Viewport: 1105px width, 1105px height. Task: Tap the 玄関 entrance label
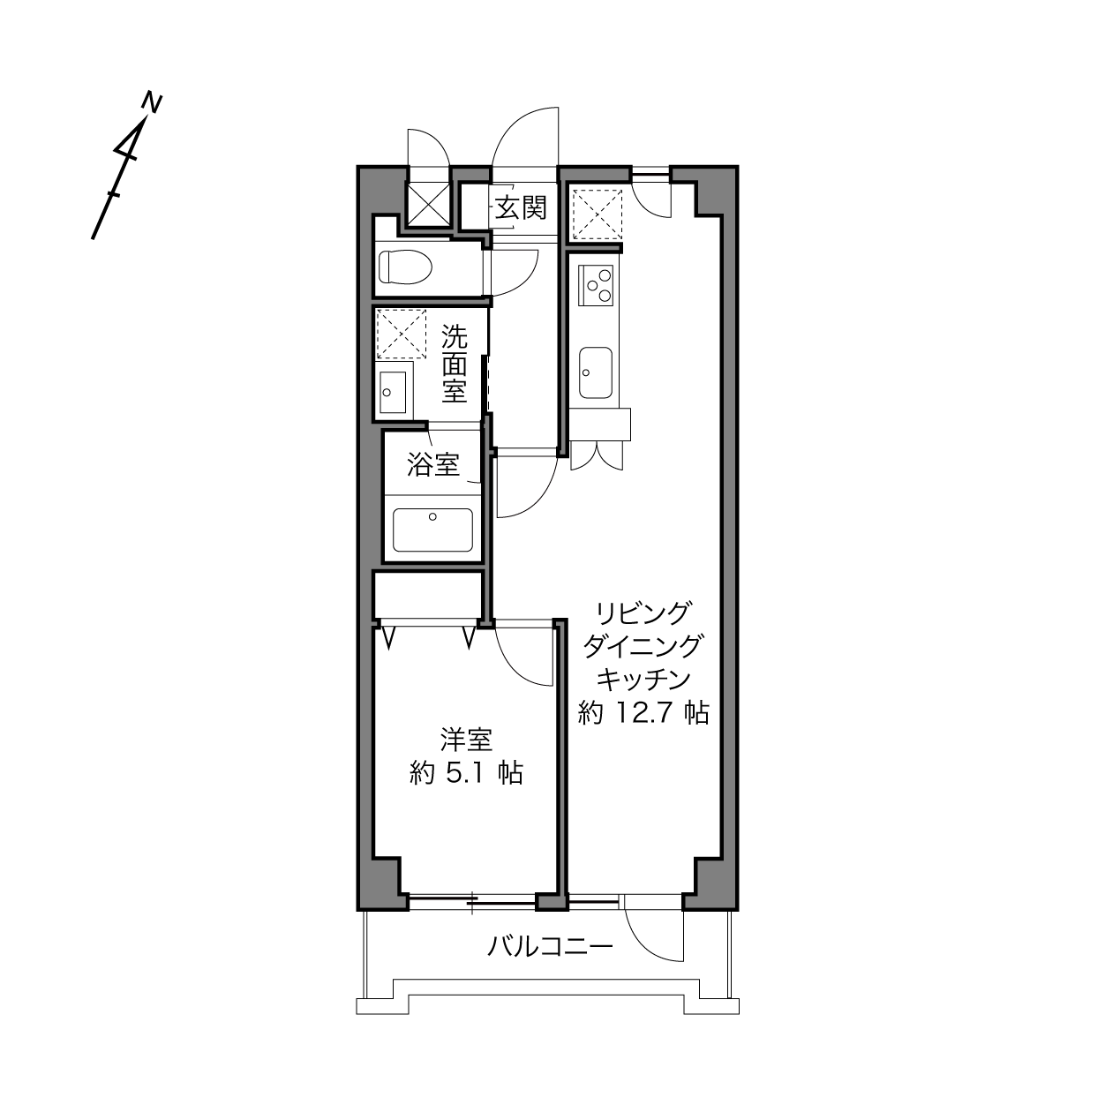click(521, 207)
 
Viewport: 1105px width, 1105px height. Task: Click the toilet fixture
click(405, 267)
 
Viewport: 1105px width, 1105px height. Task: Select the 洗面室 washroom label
click(455, 365)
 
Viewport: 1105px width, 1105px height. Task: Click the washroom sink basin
click(393, 392)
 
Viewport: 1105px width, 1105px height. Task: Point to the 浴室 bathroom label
click(433, 464)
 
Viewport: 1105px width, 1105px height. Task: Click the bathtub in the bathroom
click(433, 530)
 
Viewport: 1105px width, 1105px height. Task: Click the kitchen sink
click(595, 372)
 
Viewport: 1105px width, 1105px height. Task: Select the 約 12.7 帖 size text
click(643, 713)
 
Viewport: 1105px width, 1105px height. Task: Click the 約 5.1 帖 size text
click(466, 774)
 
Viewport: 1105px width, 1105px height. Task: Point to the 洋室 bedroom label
click(467, 740)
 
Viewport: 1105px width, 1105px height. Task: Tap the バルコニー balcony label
click(551, 946)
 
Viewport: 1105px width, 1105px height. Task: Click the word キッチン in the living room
click(643, 680)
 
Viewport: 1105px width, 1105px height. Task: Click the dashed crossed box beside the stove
click(598, 214)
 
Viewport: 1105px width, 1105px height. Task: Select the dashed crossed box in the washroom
click(402, 335)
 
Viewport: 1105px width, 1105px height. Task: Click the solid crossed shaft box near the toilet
click(427, 205)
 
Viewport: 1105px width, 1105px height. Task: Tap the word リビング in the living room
click(643, 613)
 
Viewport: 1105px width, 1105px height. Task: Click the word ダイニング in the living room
click(643, 647)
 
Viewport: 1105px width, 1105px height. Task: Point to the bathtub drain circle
click(432, 516)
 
